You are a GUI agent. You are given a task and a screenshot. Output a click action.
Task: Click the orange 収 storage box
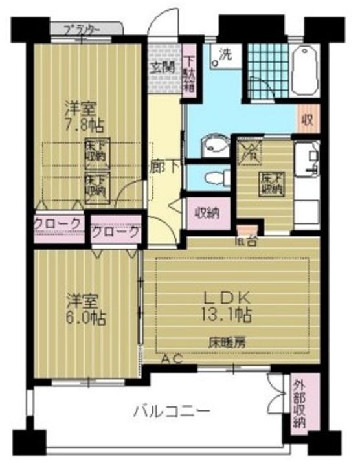(x=309, y=120)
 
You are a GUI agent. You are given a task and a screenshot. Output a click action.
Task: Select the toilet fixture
(x=213, y=176)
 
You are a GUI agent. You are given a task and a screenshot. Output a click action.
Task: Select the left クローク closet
(x=59, y=223)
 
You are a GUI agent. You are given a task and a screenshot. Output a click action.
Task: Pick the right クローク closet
(x=115, y=231)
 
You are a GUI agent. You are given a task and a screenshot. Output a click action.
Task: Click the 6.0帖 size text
(x=85, y=317)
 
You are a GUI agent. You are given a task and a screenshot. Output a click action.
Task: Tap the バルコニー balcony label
(x=172, y=410)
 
